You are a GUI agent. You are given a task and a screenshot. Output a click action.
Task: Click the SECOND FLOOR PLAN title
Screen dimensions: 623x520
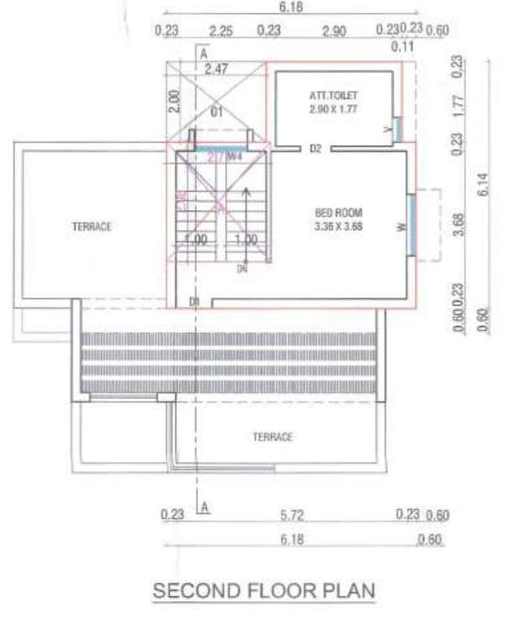264,591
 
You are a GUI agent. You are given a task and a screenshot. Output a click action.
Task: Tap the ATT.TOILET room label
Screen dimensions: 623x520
333,95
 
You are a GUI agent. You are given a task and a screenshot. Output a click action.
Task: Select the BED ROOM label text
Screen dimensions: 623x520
333,213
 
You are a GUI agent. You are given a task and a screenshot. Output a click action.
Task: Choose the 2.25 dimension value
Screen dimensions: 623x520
221,31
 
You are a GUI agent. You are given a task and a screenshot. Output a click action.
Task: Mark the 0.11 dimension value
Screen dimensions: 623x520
399,46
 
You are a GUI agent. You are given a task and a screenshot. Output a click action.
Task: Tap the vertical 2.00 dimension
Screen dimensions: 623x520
173,101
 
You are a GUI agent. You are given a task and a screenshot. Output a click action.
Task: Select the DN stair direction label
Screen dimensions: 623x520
242,268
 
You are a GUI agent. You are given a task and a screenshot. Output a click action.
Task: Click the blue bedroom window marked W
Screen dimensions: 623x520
410,226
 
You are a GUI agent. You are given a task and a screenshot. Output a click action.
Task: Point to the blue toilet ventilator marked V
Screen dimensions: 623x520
397,128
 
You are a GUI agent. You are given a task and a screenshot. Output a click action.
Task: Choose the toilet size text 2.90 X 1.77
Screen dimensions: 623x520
333,107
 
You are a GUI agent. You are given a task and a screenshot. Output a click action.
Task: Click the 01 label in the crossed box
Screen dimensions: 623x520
216,113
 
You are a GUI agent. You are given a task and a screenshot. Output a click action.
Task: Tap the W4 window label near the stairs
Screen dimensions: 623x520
235,157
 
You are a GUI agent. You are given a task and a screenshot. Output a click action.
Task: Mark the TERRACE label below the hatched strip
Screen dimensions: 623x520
272,437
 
